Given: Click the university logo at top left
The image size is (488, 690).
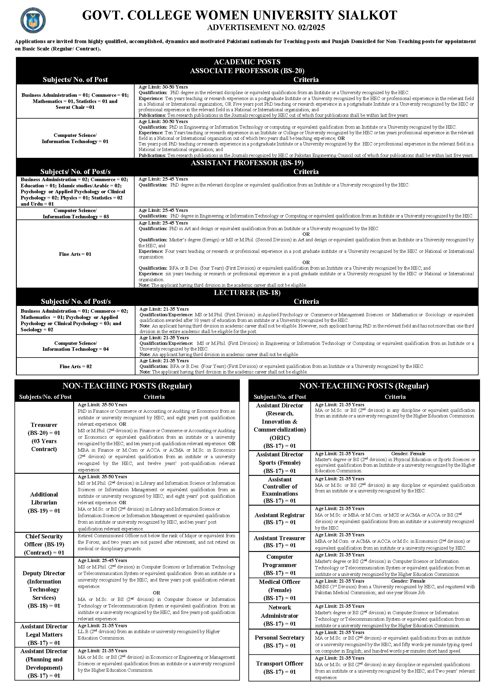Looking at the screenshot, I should [x=33, y=20].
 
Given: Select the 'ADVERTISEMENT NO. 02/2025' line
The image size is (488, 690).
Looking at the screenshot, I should [x=266, y=28].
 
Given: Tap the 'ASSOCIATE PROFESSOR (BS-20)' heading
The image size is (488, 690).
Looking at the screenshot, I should [x=247, y=71].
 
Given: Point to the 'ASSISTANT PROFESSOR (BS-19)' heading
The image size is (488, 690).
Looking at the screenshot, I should [x=247, y=163].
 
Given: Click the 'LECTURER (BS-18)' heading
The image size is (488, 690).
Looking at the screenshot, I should [x=247, y=293].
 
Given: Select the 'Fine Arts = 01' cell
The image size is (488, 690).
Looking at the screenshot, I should [x=75, y=254].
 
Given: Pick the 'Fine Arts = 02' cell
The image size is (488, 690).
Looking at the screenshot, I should [x=76, y=366].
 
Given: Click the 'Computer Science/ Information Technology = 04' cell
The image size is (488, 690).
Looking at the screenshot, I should [x=76, y=346].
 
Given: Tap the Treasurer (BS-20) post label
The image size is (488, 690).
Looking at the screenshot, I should [x=44, y=437].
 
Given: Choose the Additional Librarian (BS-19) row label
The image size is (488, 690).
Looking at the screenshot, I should [x=44, y=502].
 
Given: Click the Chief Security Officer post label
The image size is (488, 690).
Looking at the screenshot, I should [x=44, y=544].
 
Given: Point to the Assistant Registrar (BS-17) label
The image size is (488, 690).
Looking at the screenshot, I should [x=279, y=519].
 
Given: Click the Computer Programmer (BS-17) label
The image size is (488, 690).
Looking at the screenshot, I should [x=279, y=565].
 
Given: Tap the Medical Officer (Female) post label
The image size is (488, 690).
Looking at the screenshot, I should [x=279, y=590].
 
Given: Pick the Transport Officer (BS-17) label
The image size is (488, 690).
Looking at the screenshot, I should [x=279, y=668].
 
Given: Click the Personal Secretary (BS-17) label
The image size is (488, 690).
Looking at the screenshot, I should [x=279, y=641].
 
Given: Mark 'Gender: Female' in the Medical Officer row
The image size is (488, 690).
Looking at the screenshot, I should [x=408, y=581].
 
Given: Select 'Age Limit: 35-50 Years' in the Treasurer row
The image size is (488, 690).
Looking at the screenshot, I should [x=102, y=405].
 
